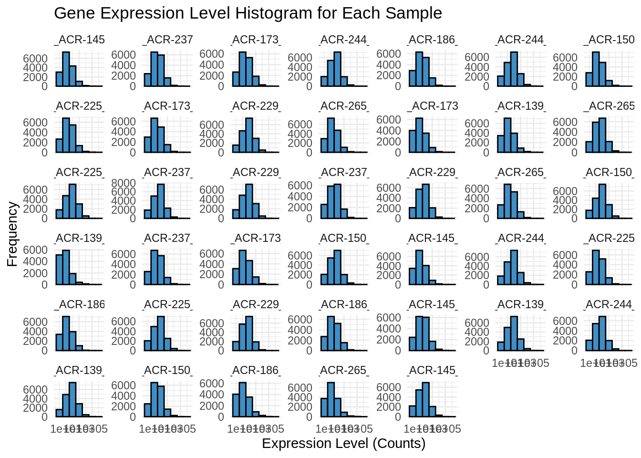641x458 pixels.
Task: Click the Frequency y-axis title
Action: tap(12, 234)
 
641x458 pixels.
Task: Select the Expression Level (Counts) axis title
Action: tap(343, 444)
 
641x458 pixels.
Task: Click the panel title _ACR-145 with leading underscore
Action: tap(79, 40)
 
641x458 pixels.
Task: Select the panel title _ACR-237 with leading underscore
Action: tap(167, 40)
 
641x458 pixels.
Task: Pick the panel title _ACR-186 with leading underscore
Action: tap(79, 304)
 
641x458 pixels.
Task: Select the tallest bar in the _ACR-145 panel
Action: tap(66, 69)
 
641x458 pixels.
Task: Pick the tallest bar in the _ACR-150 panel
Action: tap(596, 69)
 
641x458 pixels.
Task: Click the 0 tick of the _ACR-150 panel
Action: tap(574, 86)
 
